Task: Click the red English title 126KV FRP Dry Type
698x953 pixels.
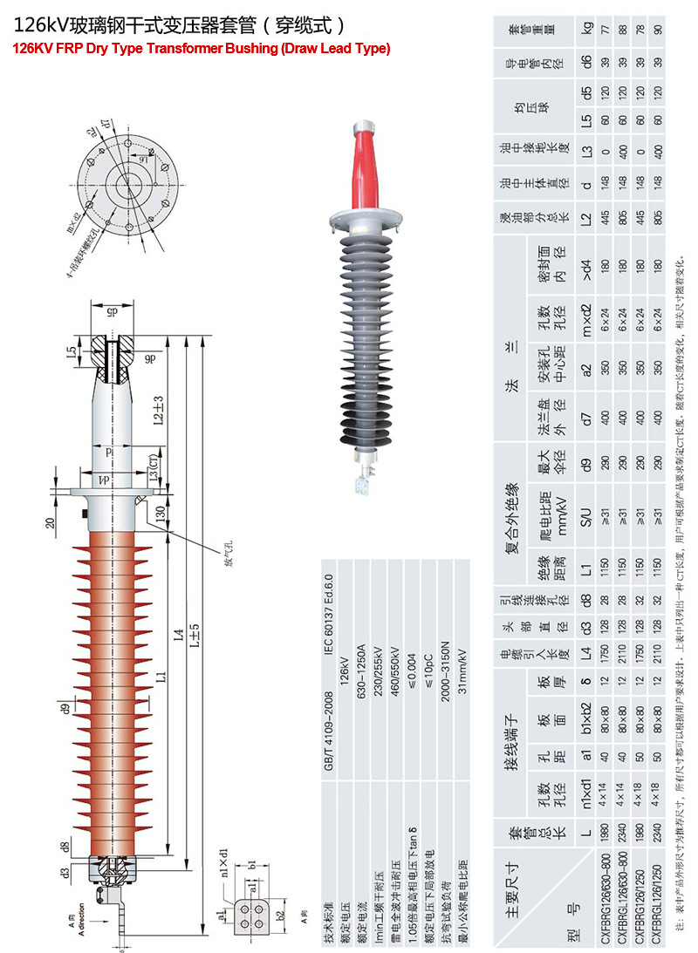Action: [x=201, y=49]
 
